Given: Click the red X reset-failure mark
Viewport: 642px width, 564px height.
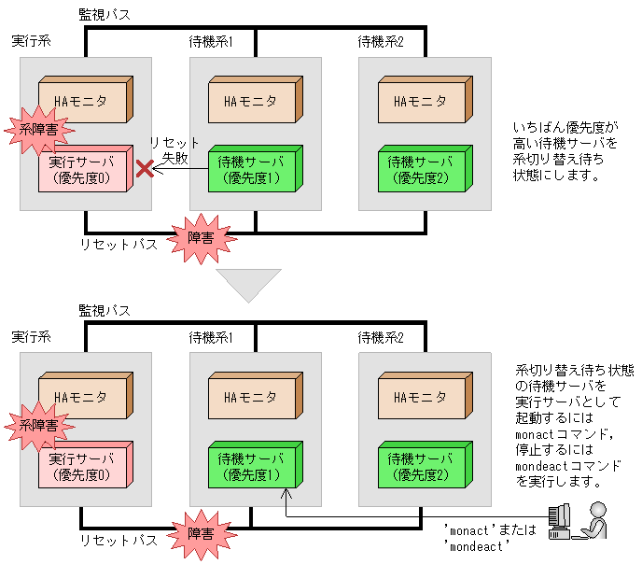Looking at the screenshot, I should [x=145, y=169].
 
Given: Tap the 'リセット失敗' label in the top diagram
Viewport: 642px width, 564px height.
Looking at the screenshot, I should [x=174, y=150].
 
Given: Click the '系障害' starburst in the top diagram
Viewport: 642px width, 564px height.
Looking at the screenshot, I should [x=37, y=131].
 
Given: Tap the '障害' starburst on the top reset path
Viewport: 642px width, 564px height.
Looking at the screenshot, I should [x=201, y=237].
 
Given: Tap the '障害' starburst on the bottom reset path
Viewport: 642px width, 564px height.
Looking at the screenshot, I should [x=201, y=533].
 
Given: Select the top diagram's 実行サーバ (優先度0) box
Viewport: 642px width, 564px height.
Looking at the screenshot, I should [x=83, y=171].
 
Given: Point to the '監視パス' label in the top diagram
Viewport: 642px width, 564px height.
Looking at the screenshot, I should [x=105, y=15].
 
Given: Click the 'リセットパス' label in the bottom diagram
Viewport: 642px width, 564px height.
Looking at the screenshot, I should [x=118, y=540].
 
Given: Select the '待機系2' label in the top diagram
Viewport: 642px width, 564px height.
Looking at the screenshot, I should [x=381, y=42].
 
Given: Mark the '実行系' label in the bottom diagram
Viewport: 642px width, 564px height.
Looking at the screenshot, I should [x=31, y=337].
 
